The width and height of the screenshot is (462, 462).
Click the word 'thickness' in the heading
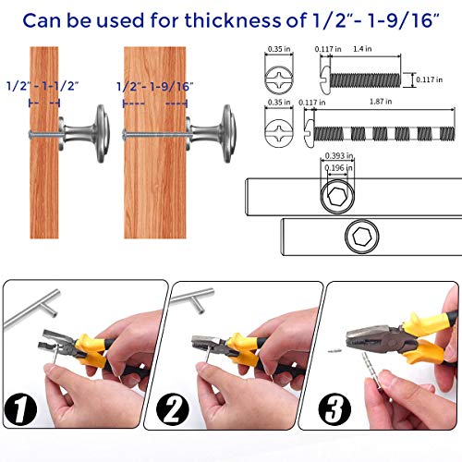click(233, 20)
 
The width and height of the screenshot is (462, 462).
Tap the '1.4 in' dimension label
click(362, 49)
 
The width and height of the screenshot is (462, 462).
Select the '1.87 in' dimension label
click(381, 102)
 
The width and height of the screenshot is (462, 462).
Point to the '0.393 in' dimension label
click(339, 156)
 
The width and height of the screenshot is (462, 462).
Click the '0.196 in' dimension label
click(339, 168)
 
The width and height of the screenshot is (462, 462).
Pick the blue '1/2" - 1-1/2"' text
click(43, 86)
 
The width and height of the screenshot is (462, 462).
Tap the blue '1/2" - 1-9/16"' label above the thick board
click(155, 87)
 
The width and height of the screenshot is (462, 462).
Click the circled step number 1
click(20, 409)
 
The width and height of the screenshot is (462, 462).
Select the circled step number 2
click(173, 409)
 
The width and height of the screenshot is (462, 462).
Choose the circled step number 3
click(334, 409)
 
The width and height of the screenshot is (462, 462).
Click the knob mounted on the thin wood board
click(84, 134)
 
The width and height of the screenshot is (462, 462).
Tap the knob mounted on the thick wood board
click(212, 134)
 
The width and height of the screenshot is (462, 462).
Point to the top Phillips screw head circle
click(279, 80)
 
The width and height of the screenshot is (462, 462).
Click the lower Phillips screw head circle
click(279, 133)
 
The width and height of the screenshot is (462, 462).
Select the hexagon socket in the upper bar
click(337, 196)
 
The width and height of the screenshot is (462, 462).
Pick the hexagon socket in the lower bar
click(361, 237)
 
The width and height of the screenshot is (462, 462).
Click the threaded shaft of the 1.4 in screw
click(365, 80)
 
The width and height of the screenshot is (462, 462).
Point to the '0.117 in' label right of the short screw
click(430, 79)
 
